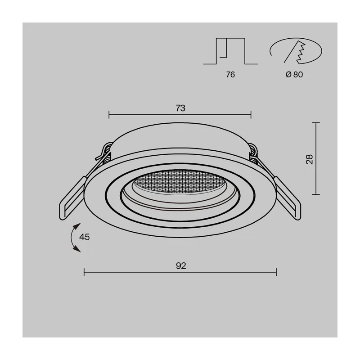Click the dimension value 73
(x=180, y=108)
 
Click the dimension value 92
(x=181, y=265)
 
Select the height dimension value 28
(x=310, y=159)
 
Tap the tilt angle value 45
(x=84, y=237)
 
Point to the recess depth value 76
(x=230, y=75)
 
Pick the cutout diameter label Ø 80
(x=294, y=74)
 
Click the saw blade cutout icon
(x=296, y=51)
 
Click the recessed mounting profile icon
(x=230, y=51)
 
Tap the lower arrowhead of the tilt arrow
(x=77, y=249)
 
